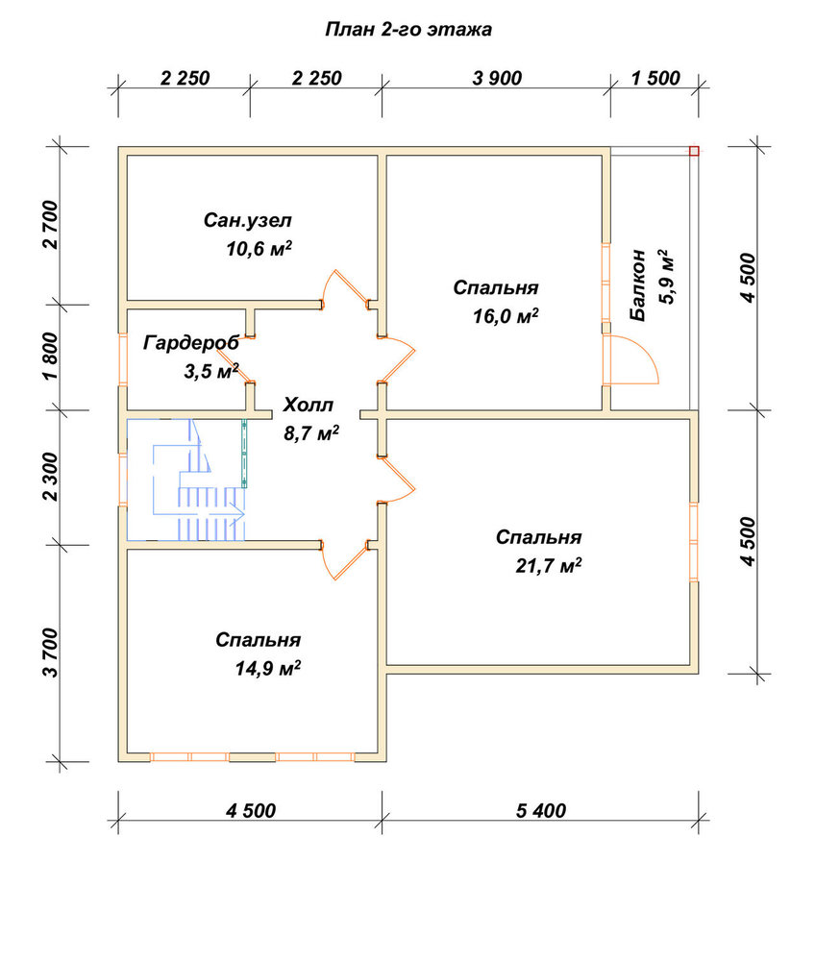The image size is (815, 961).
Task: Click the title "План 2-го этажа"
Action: pyautogui.click(x=408, y=30)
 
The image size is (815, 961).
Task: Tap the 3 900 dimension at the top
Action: pyautogui.click(x=497, y=79)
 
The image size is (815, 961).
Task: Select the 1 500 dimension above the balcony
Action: pyautogui.click(x=655, y=79)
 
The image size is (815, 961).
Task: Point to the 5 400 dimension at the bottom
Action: pyautogui.click(x=540, y=811)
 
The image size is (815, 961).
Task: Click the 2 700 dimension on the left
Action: pyautogui.click(x=52, y=224)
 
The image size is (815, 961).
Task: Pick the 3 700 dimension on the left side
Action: pyautogui.click(x=52, y=653)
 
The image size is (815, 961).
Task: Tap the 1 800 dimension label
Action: pyautogui.click(x=52, y=357)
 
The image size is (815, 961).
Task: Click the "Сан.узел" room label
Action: pyautogui.click(x=248, y=220)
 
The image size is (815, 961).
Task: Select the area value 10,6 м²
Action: pyautogui.click(x=259, y=249)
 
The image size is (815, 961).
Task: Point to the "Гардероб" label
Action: pyautogui.click(x=191, y=343)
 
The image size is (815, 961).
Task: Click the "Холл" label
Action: pyautogui.click(x=309, y=406)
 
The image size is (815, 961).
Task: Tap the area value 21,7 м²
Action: pyautogui.click(x=549, y=565)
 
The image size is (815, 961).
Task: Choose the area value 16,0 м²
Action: pyautogui.click(x=506, y=316)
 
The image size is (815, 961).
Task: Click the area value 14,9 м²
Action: pyautogui.click(x=268, y=668)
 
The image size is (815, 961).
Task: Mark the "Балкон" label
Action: pyautogui.click(x=638, y=284)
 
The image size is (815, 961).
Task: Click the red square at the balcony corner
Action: pyautogui.click(x=694, y=151)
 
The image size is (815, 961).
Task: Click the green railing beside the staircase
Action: pyautogui.click(x=244, y=453)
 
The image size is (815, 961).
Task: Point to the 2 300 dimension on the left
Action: pyautogui.click(x=52, y=477)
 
